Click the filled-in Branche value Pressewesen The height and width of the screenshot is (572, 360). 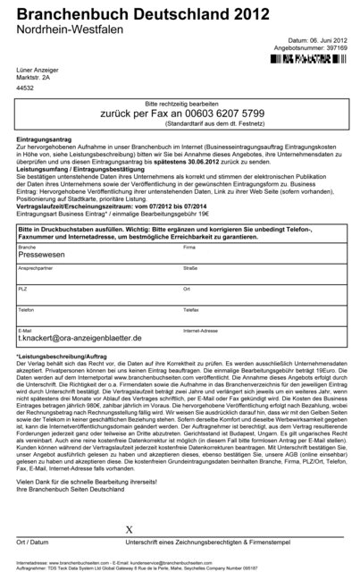(44, 255)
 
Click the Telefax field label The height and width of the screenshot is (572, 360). (191, 308)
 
